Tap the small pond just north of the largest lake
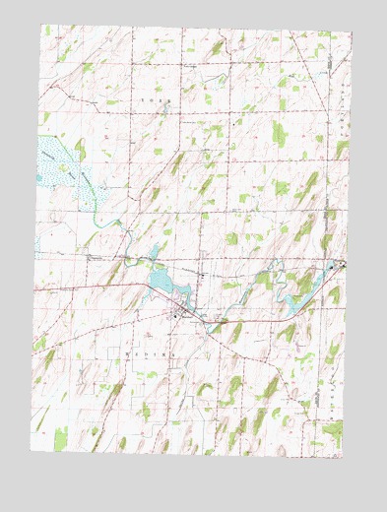coord(157,251)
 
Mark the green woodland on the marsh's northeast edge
coord(80,148)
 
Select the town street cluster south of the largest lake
coord(180,314)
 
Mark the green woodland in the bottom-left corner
coord(60,438)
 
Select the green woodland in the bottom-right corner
coord(329,429)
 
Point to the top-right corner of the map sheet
coord(352,32)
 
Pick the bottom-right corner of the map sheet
coord(344,458)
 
